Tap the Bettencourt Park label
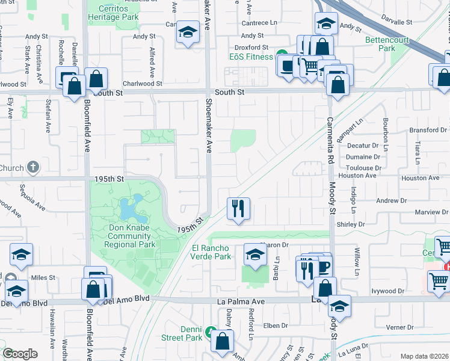(387, 44)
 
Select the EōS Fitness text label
(251, 57)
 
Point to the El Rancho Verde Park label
(211, 252)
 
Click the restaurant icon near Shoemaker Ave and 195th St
(238, 208)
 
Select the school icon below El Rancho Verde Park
(255, 255)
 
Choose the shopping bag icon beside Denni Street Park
(223, 341)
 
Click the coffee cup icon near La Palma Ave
(324, 267)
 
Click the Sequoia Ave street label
(31, 199)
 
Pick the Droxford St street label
(251, 47)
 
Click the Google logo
(20, 354)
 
